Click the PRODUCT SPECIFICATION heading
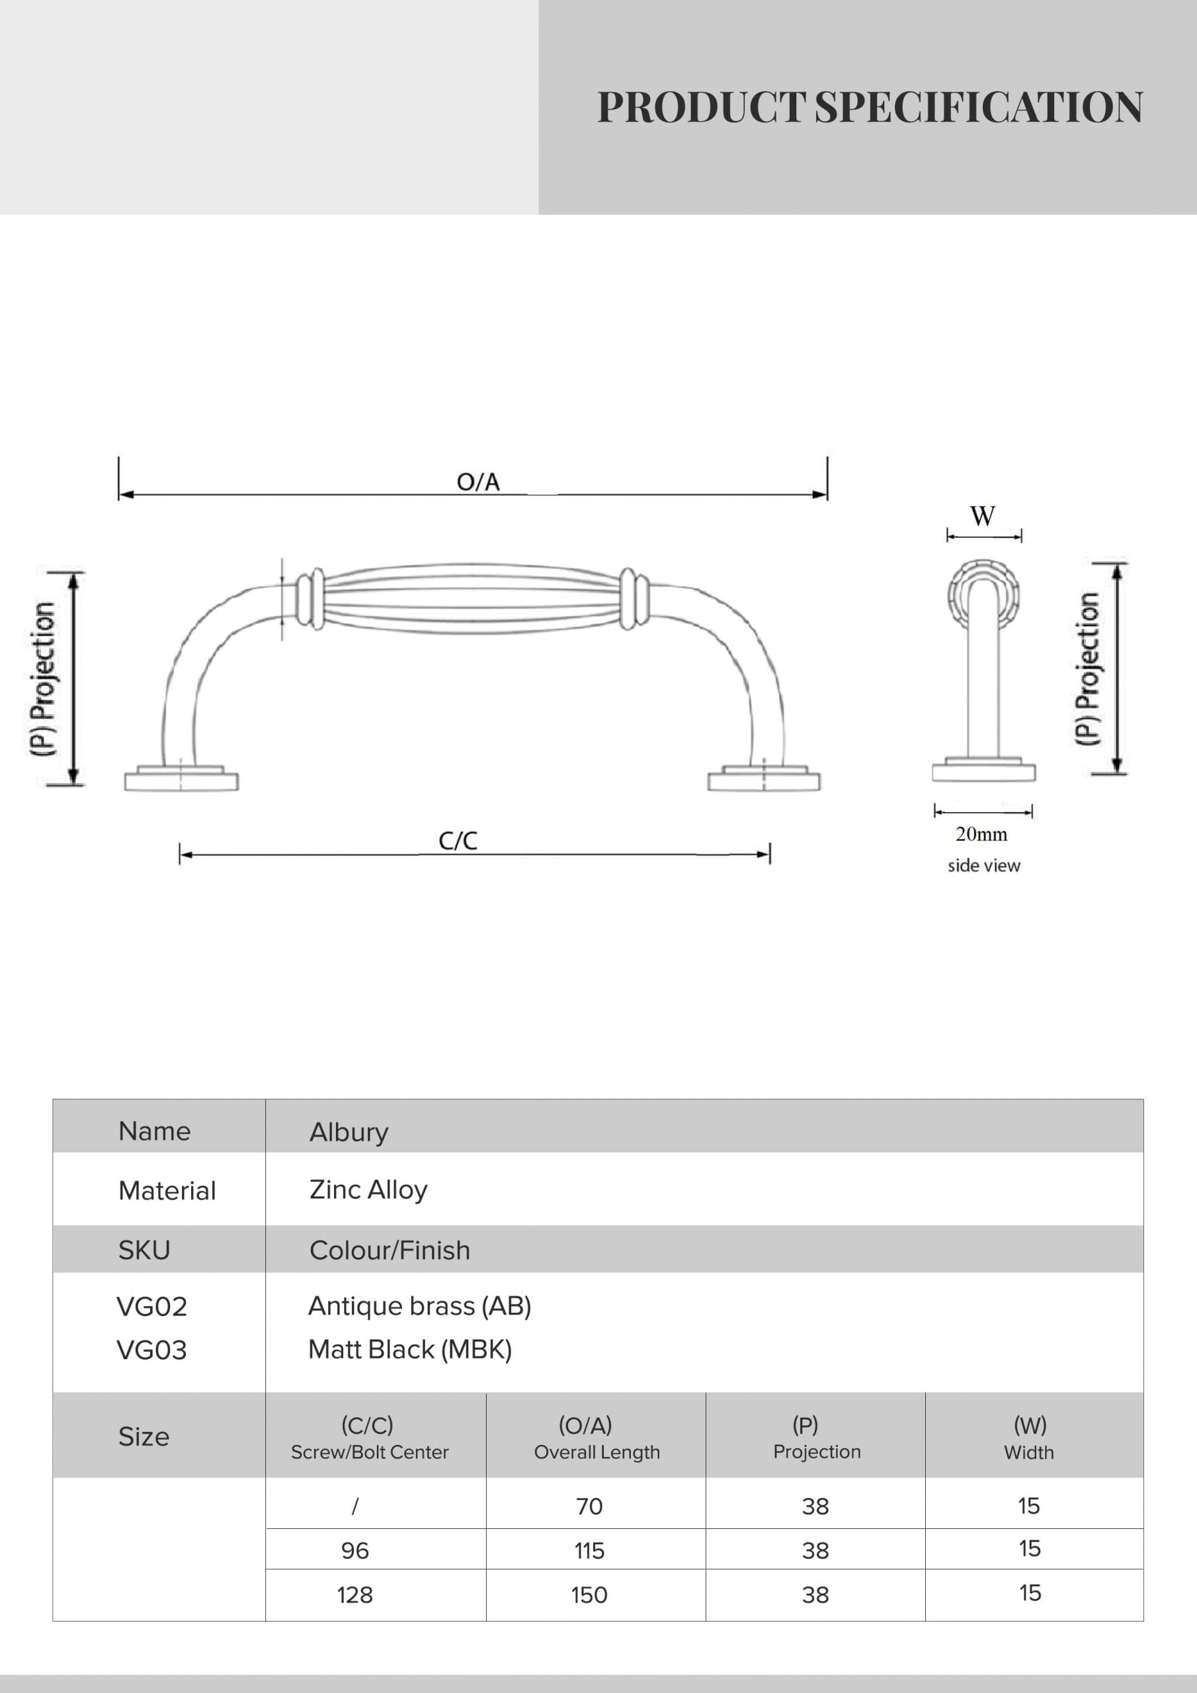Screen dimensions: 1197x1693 coord(870,107)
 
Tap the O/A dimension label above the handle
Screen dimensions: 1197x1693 coord(478,482)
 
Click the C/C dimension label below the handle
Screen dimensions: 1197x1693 coord(458,841)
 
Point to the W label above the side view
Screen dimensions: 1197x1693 coord(982,516)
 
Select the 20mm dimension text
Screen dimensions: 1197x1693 coord(981,834)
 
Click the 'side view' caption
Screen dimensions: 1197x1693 coord(984,865)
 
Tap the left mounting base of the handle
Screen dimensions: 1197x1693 coord(181,778)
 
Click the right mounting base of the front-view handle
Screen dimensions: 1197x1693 coord(764,778)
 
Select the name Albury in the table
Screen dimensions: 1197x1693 coord(349,1132)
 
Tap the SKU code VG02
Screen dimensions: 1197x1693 coord(152,1307)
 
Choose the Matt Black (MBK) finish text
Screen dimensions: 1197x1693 coord(410,1349)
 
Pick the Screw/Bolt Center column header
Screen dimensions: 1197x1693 coord(370,1452)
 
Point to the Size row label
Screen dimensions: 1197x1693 coord(144,1437)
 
